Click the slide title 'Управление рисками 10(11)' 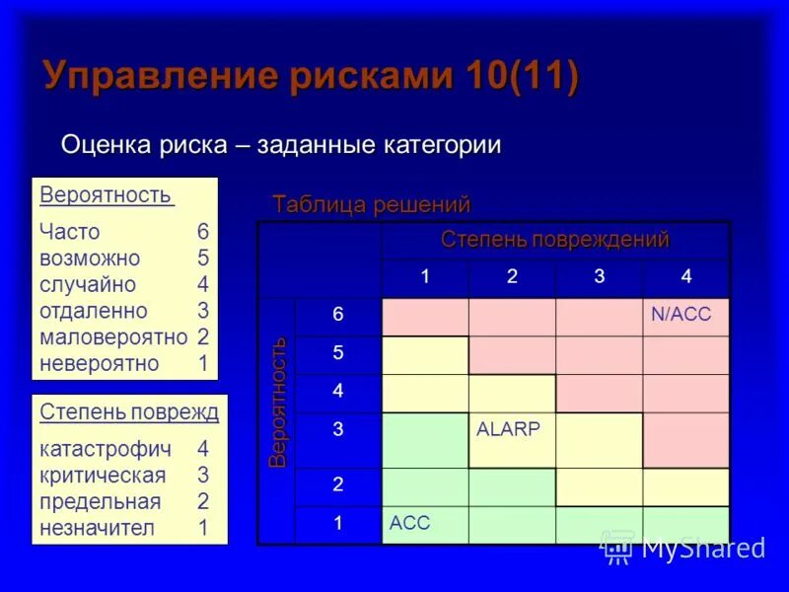tap(310, 77)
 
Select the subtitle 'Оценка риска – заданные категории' tap(281, 144)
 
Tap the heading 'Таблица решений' tap(371, 204)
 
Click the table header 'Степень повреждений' tap(554, 240)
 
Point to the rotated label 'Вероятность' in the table tap(278, 402)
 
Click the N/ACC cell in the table tap(685, 316)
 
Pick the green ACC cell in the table tap(424, 523)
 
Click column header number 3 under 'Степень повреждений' tap(599, 277)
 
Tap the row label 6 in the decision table tap(337, 315)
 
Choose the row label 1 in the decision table tap(337, 524)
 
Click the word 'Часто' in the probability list tap(70, 232)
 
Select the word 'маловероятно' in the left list tap(113, 336)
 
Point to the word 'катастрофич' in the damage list tap(106, 449)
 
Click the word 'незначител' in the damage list tap(97, 527)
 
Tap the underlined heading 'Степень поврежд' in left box tap(128, 411)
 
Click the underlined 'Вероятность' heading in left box tap(106, 194)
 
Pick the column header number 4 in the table tap(685, 277)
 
